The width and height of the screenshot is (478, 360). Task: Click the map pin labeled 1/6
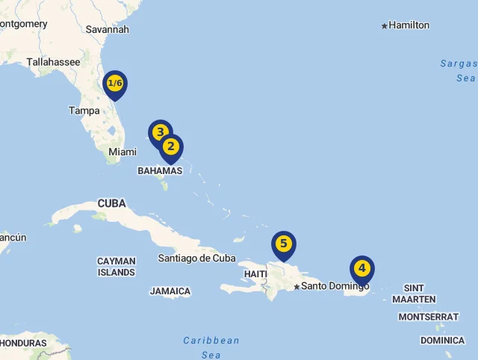click(115, 84)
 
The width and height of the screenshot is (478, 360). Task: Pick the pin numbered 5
click(283, 244)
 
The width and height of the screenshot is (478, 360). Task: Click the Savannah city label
click(108, 29)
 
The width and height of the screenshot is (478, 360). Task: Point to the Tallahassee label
click(53, 63)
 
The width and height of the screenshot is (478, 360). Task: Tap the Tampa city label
click(84, 111)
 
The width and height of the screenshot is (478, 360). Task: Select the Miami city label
click(122, 152)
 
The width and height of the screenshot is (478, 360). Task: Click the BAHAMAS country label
click(160, 171)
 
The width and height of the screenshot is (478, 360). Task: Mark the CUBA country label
click(112, 203)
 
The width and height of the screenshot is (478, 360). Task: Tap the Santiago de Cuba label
click(196, 258)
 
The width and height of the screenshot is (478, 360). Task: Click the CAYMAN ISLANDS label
click(117, 267)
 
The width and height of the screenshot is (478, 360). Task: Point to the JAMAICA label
click(170, 291)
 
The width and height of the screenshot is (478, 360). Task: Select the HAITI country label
click(255, 274)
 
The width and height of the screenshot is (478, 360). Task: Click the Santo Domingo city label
click(335, 286)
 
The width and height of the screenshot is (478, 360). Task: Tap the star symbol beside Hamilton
click(385, 26)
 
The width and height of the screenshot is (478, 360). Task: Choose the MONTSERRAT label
click(428, 317)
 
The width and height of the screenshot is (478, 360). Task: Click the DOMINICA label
click(442, 341)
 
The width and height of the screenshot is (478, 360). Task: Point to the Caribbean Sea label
click(211, 347)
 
